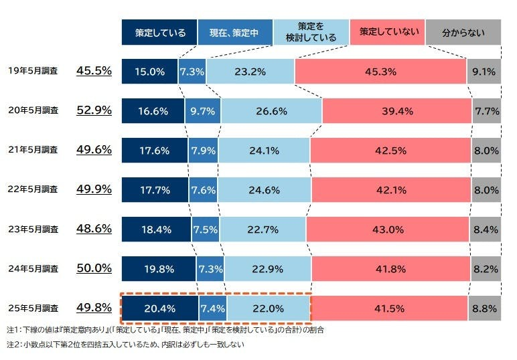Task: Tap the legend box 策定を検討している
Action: pos(311,32)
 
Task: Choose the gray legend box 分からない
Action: pos(463,32)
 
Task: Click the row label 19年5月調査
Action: pos(33,71)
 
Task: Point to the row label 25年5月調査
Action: pos(33,308)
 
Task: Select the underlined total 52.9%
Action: pos(94,110)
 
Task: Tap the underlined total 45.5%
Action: pos(94,71)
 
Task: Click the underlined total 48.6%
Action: pos(94,229)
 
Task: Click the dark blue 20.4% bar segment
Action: pos(160,308)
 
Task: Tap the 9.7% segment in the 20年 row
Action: pos(202,111)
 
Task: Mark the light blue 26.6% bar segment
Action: pos(271,111)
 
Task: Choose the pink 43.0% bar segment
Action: pos(387,230)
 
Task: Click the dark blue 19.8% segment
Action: pos(159,269)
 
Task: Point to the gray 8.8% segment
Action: pos(484,308)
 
